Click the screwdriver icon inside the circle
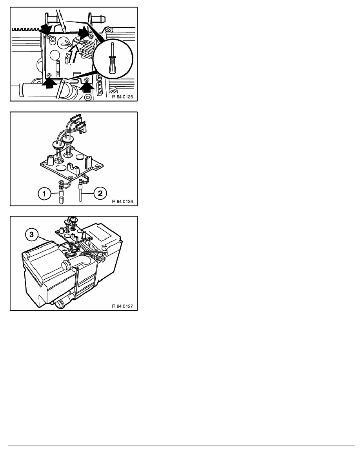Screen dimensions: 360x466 [113, 58]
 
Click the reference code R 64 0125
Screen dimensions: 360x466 [122, 97]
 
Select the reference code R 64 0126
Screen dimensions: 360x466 [122, 202]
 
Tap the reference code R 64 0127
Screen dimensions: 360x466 [122, 306]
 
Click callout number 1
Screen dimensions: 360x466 [44, 194]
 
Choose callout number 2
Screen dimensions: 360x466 [100, 193]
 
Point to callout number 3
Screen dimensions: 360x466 [31, 235]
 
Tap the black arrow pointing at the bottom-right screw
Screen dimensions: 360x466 [87, 86]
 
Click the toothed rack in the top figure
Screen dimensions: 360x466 [26, 29]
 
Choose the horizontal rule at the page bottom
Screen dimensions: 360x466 [182, 446]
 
